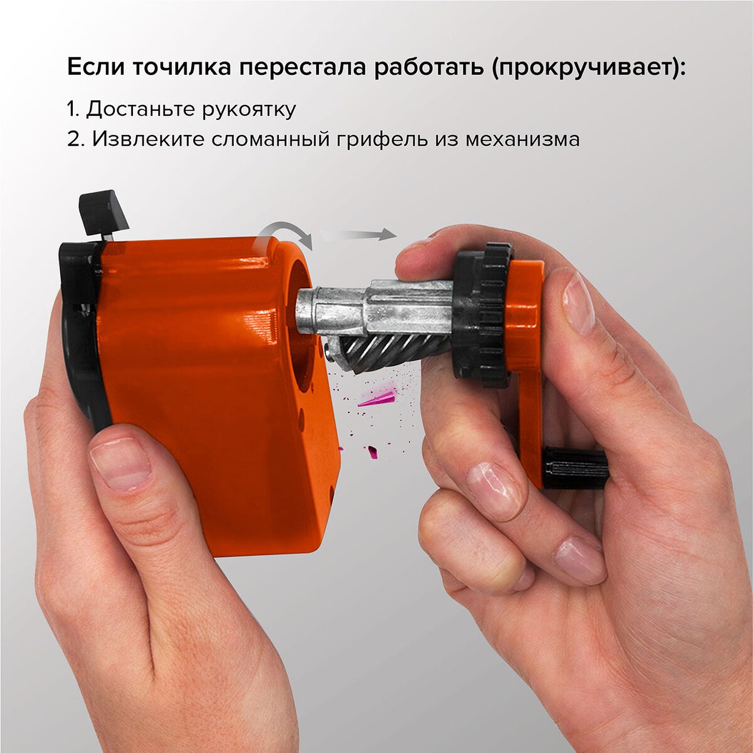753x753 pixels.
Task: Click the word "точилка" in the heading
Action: click(182, 68)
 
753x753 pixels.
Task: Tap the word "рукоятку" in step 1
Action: click(249, 109)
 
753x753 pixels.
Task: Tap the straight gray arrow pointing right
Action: click(359, 234)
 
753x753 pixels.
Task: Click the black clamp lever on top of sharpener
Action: click(104, 212)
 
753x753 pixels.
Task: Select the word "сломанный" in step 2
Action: click(270, 139)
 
